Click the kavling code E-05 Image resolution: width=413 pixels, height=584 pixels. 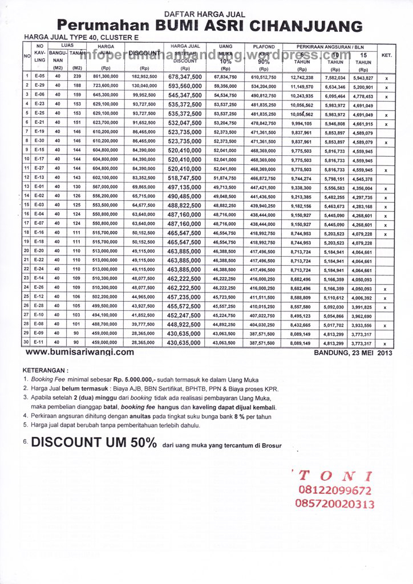tap(39, 76)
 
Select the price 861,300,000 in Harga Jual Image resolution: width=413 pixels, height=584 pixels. tap(105, 76)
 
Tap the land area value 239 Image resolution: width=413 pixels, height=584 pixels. tap(78, 76)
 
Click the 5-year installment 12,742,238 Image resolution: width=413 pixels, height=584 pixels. tap(302, 77)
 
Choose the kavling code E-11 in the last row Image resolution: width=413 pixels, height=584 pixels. tap(39, 343)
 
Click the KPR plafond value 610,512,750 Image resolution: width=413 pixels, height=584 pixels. tap(264, 77)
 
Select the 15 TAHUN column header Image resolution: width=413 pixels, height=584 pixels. tap(363, 58)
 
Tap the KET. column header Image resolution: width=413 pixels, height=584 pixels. tap(386, 56)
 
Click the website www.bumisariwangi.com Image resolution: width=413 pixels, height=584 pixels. tap(80, 352)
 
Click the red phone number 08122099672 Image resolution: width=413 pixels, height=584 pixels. tap(334, 490)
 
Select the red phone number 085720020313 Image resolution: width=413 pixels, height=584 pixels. tap(335, 504)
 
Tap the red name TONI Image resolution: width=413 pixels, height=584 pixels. tap(331, 476)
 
